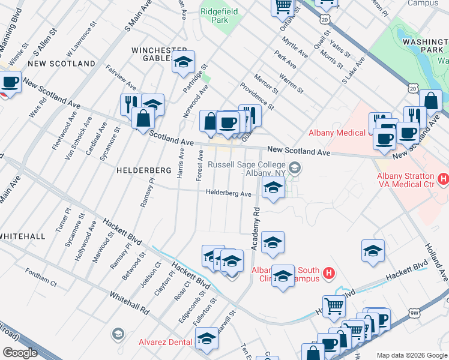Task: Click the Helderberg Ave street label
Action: pyautogui.click(x=228, y=193)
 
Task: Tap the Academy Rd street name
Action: pyautogui.click(x=255, y=229)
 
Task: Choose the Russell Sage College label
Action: pyautogui.click(x=246, y=169)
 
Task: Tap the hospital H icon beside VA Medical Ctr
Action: pyautogui.click(x=443, y=178)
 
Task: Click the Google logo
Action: pyautogui.click(x=20, y=353)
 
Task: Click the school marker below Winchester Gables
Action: pyautogui.click(x=183, y=62)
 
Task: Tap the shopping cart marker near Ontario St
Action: pyautogui.click(x=283, y=7)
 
